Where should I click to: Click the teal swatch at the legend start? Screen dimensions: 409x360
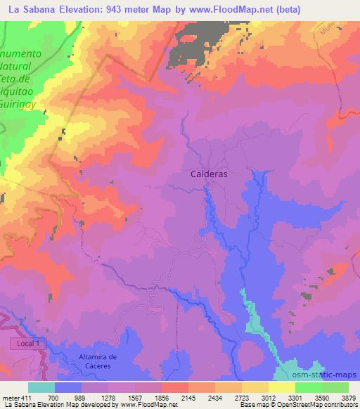point(41,387)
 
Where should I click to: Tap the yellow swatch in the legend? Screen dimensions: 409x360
point(281,387)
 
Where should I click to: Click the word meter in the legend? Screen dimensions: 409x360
point(10,397)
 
